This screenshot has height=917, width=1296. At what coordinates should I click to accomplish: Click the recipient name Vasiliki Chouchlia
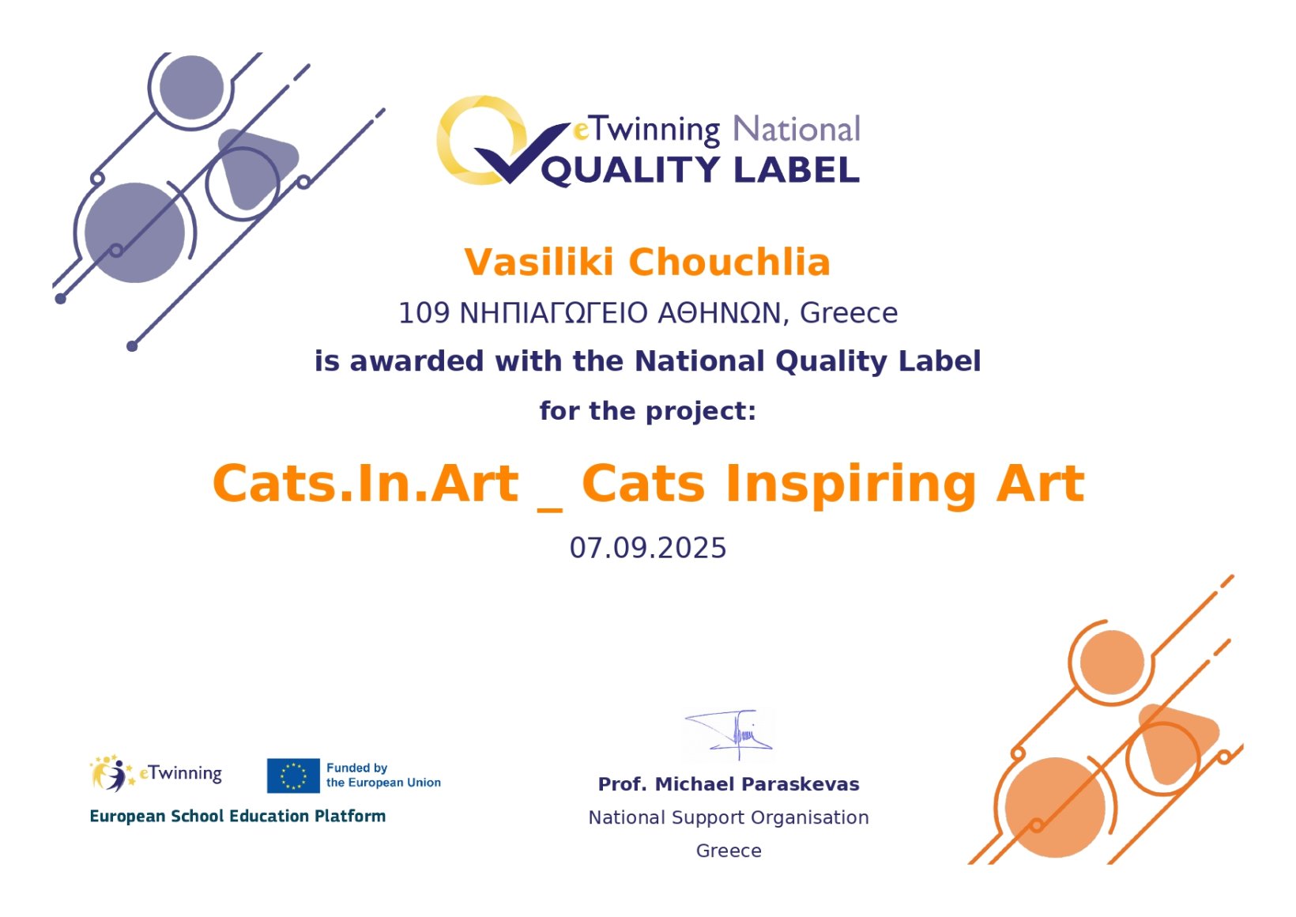(647, 262)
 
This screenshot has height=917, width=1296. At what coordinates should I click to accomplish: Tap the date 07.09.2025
(648, 548)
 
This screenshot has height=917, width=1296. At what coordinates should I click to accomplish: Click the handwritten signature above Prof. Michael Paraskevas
(729, 734)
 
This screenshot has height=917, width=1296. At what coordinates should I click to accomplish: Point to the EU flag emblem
(293, 775)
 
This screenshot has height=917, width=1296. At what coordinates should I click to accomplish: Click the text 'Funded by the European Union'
(383, 775)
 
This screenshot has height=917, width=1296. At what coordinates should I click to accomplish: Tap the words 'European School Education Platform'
(238, 817)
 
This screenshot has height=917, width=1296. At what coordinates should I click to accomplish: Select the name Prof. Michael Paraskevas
(729, 784)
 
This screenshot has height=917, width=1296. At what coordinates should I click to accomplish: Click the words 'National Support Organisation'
(729, 817)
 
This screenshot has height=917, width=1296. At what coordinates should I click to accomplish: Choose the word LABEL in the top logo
(797, 170)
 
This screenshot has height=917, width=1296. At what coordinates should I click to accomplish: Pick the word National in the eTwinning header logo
(797, 129)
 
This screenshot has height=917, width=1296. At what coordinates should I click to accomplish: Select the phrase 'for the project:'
(648, 411)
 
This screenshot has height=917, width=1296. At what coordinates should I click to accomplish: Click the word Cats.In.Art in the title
(366, 484)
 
